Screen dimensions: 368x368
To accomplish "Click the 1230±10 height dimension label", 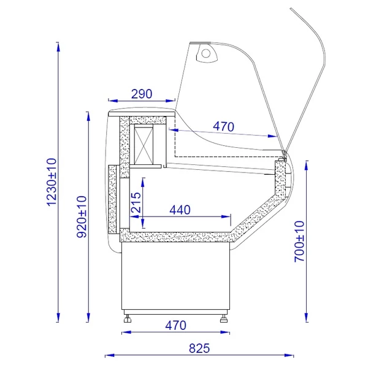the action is (52, 182).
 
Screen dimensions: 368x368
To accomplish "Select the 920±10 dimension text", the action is (82, 217).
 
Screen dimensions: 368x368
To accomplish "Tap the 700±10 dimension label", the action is (299, 241).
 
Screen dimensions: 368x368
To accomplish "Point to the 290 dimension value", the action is (142, 94).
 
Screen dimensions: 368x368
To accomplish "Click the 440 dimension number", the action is (180, 210).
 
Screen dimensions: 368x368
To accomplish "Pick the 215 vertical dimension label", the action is (136, 202).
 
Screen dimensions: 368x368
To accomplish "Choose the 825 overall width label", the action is (199, 348).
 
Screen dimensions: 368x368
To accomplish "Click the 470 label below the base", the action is (175, 326).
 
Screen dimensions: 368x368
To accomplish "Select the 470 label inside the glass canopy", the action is (223, 126).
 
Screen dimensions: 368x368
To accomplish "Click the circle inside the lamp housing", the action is (206, 53).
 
